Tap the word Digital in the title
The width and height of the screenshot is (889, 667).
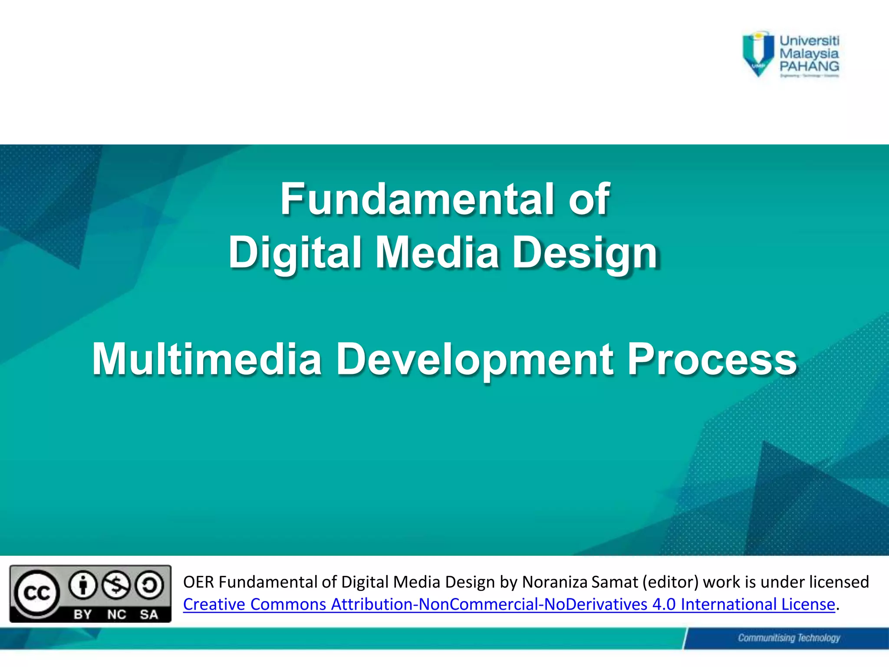pyautogui.click(x=295, y=253)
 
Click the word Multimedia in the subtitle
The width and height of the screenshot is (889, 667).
pyautogui.click(x=207, y=360)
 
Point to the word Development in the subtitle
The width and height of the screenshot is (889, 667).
pyautogui.click(x=475, y=360)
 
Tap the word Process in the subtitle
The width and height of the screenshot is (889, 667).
pyautogui.click(x=712, y=360)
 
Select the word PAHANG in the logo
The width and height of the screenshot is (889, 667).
pyautogui.click(x=809, y=66)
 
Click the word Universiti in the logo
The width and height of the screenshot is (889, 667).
pyautogui.click(x=809, y=41)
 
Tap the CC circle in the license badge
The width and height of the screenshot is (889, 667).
pyautogui.click(x=36, y=593)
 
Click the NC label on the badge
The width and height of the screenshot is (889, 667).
pyautogui.click(x=116, y=614)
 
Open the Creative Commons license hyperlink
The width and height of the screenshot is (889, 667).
pyautogui.click(x=509, y=604)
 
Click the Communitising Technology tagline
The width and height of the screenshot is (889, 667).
pyautogui.click(x=789, y=638)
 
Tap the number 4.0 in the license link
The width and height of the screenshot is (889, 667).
pyautogui.click(x=664, y=604)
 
